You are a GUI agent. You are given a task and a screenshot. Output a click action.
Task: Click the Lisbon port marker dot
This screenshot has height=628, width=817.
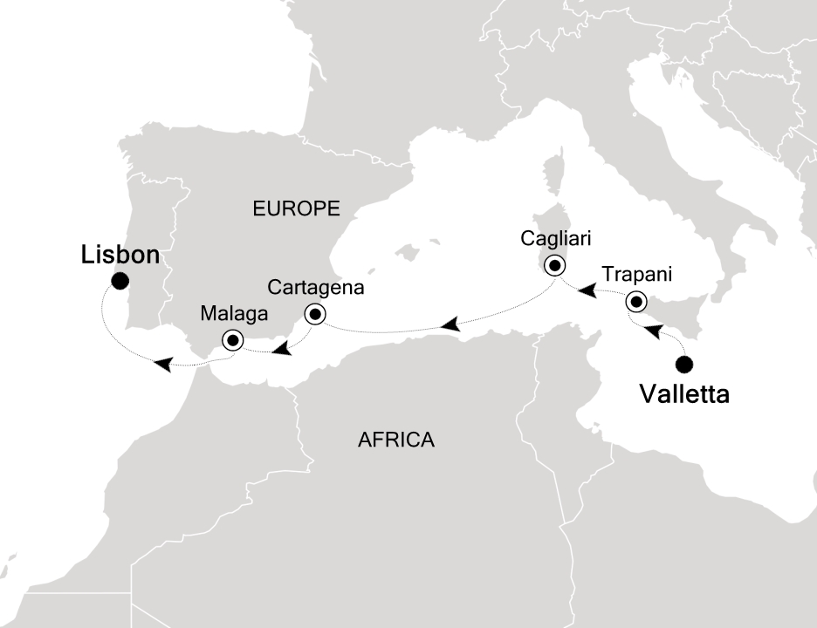coord(120,280)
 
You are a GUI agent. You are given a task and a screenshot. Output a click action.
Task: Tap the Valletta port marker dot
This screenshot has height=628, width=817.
coord(684,364)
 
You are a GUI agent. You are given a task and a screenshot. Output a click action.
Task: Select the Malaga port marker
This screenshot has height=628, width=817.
coord(232,340)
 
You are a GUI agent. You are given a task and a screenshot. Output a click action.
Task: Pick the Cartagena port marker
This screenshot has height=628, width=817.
coord(314,314)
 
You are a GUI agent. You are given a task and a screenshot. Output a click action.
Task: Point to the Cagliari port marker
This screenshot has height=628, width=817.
coord(554,264)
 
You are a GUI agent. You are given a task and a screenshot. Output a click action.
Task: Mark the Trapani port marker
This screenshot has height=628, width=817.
coord(636,303)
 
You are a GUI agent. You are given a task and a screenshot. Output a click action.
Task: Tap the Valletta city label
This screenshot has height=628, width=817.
coord(684,394)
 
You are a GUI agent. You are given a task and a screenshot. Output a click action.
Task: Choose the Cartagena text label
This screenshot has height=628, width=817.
coord(315,286)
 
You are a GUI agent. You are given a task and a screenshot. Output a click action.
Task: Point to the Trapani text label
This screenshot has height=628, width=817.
coord(636,275)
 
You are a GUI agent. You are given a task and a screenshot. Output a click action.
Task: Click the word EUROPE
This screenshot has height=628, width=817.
coord(295,208)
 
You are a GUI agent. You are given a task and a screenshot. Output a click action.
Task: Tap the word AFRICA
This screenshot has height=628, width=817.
coord(396,440)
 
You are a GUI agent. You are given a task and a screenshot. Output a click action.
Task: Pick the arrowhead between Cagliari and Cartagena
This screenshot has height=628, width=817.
coord(450,325)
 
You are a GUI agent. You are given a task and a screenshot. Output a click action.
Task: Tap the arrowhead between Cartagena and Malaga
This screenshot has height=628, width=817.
coord(280,350)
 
